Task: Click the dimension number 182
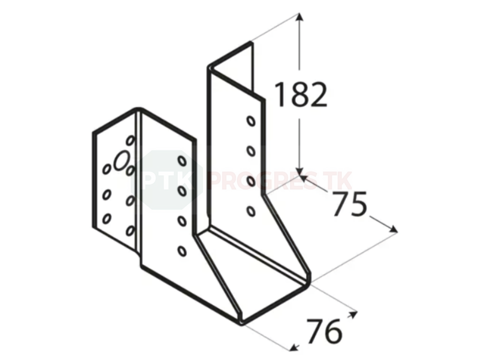(300, 95)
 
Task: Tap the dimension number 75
(350, 203)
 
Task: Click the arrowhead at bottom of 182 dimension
(300, 172)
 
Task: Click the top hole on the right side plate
(251, 121)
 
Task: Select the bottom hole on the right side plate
(251, 211)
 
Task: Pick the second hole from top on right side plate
(251, 151)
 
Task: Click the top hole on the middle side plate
(182, 161)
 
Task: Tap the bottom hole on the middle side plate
(182, 251)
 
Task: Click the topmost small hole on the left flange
(130, 141)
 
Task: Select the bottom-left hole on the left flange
(106, 218)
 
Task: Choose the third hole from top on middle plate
(182, 221)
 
